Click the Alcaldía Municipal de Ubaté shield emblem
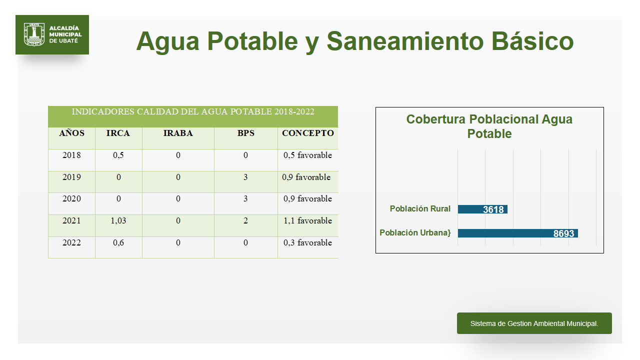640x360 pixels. click(x=34, y=34)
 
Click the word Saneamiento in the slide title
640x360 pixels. click(x=405, y=41)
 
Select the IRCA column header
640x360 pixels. click(x=118, y=133)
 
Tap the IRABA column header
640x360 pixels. click(x=178, y=133)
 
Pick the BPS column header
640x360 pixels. click(x=245, y=133)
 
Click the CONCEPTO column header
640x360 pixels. click(x=307, y=133)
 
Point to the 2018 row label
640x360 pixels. click(x=71, y=155)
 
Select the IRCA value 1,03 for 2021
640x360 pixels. click(x=118, y=220)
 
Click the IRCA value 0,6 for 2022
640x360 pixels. click(x=118, y=242)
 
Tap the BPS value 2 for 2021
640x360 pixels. click(x=245, y=220)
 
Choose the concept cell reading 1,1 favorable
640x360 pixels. click(x=307, y=220)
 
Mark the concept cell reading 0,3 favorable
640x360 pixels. click(x=307, y=242)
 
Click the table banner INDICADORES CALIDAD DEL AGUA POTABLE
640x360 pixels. click(x=193, y=111)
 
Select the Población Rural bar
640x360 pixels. click(x=482, y=209)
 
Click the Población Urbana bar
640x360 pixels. click(x=517, y=233)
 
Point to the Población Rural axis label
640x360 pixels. click(x=420, y=209)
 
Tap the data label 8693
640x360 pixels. click(x=563, y=233)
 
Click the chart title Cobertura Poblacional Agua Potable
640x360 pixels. click(x=489, y=126)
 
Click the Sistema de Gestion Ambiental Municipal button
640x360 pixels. click(x=534, y=323)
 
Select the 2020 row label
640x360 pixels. click(x=71, y=198)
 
